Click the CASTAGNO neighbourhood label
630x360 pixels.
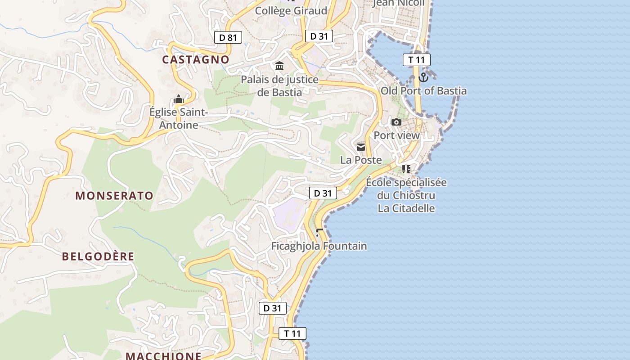[196, 59]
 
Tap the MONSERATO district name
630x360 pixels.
[114, 196]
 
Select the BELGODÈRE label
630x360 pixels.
[98, 256]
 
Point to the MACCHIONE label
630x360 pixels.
[163, 356]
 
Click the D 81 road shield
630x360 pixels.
[228, 37]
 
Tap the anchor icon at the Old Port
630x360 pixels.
[423, 77]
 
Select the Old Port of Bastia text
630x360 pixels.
[423, 91]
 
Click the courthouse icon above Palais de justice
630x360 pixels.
[279, 66]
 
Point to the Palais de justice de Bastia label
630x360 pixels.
[279, 86]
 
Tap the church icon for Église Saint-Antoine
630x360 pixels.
[179, 99]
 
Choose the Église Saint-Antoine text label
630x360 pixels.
[179, 118]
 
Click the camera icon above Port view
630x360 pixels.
[396, 122]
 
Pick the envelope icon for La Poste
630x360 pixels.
[361, 147]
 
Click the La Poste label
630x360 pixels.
[361, 160]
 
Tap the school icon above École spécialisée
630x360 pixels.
[406, 169]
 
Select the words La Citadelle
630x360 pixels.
[406, 208]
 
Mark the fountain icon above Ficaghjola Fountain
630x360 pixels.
[319, 232]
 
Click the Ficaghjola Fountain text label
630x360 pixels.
[319, 246]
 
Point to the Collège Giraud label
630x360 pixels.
[291, 11]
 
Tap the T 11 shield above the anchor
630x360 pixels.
[416, 60]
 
